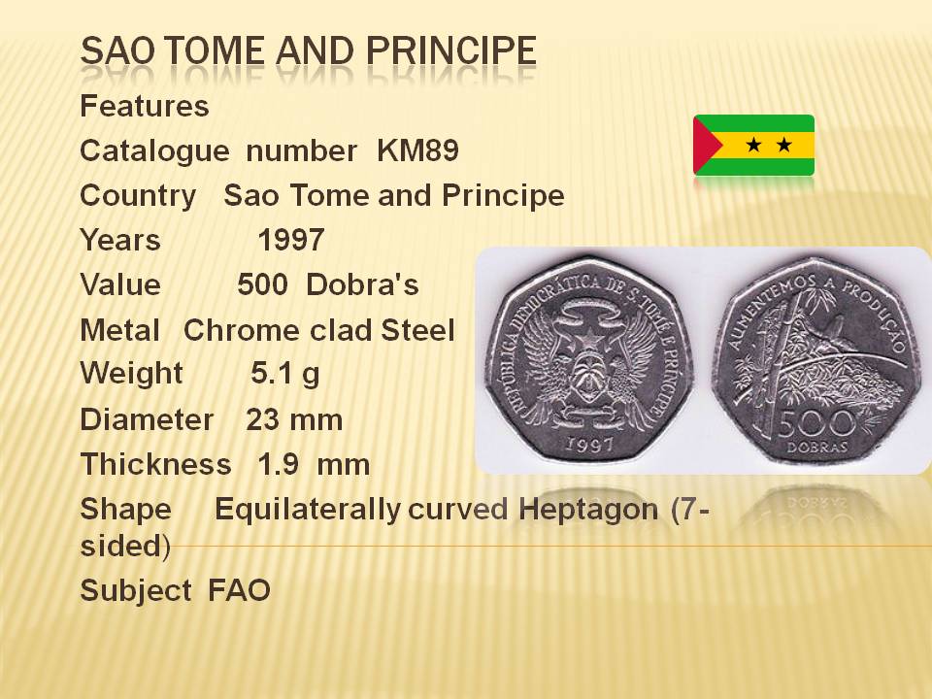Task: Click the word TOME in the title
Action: pyautogui.click(x=214, y=50)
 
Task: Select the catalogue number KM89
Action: pyautogui.click(x=417, y=150)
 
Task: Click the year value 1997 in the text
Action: pyautogui.click(x=290, y=240)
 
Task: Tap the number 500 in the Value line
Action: pyautogui.click(x=263, y=284)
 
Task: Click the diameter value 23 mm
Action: pyautogui.click(x=294, y=419)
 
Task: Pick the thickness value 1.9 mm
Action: pyautogui.click(x=314, y=464)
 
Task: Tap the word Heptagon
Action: pyautogui.click(x=588, y=511)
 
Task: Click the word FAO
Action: pyautogui.click(x=239, y=590)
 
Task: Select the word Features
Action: pyautogui.click(x=145, y=106)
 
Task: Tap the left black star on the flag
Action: pyautogui.click(x=753, y=145)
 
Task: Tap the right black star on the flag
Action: pyautogui.click(x=784, y=145)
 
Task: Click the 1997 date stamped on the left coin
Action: pyautogui.click(x=589, y=444)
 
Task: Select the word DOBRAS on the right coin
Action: pyautogui.click(x=817, y=448)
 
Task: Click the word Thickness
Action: pyautogui.click(x=155, y=464)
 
